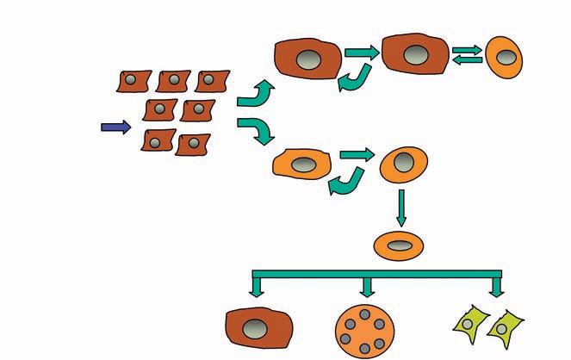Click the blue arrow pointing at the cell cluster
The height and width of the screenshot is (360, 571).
click(115, 127)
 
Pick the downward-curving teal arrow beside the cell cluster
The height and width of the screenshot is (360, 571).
click(256, 131)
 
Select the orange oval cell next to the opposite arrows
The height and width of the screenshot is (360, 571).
click(506, 57)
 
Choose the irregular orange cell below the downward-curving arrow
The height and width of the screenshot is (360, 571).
click(301, 162)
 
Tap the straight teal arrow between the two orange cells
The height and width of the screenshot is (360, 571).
click(357, 155)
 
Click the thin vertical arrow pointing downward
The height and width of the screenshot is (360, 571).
click(400, 208)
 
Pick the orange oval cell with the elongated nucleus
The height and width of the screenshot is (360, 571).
click(399, 245)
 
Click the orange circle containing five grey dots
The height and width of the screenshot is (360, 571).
click(365, 330)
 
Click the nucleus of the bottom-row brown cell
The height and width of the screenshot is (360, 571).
click(255, 328)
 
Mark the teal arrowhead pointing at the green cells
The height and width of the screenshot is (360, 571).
click(496, 292)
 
